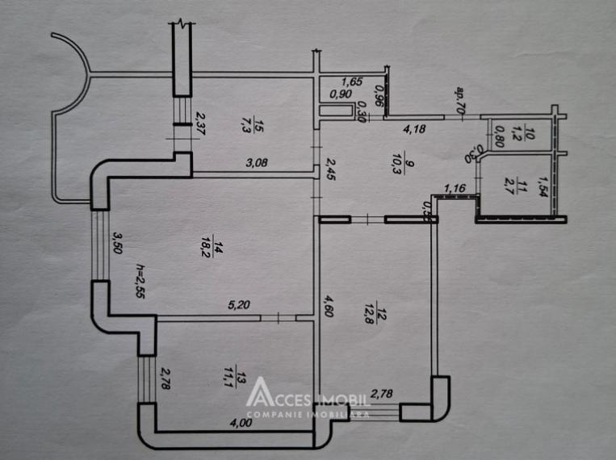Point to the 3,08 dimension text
[x=258, y=162]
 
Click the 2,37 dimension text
[x=201, y=125]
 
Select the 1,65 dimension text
[x=352, y=81]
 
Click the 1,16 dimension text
[x=455, y=189]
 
